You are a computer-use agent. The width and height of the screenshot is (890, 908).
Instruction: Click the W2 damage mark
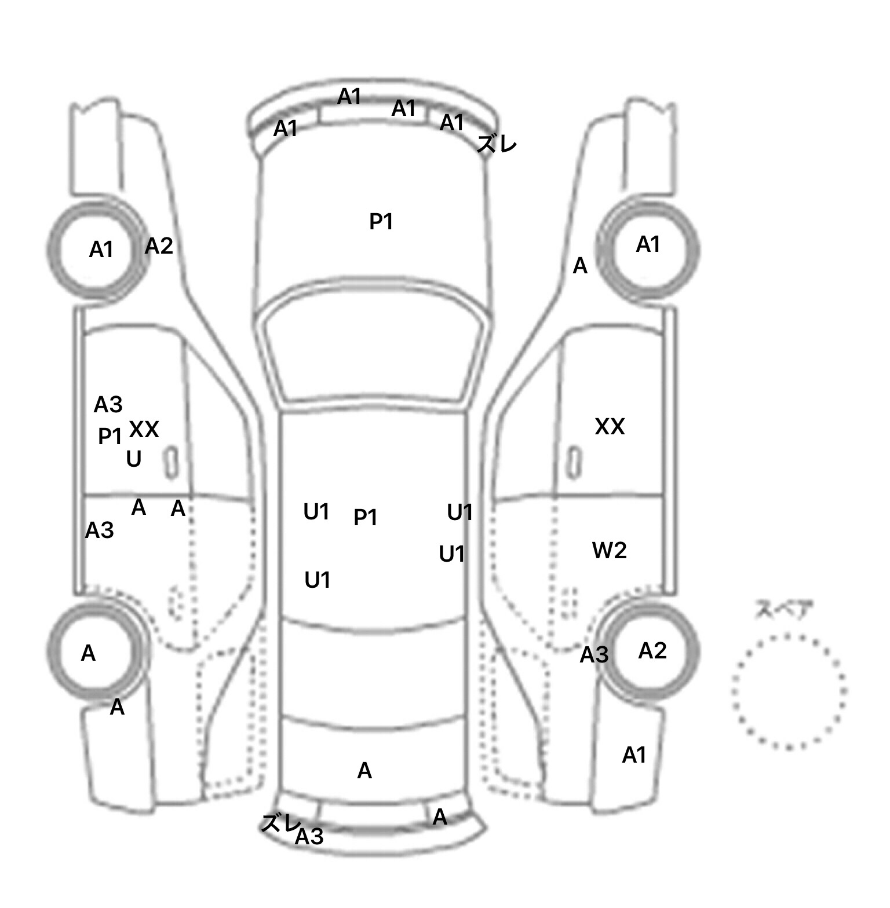tap(609, 550)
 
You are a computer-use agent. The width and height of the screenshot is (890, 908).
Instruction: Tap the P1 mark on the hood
tap(381, 221)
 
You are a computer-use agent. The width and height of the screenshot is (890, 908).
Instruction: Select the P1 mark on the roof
tap(365, 517)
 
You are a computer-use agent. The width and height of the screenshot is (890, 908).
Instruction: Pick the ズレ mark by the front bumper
tap(497, 143)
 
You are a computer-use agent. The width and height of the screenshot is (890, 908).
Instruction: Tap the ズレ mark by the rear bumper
tap(280, 823)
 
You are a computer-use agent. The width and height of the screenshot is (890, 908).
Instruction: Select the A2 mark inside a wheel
tap(652, 651)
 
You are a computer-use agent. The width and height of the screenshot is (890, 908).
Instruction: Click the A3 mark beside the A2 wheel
tap(594, 655)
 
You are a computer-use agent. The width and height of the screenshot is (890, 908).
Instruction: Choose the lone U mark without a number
tap(134, 459)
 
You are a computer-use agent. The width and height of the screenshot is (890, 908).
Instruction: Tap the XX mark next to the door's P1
tap(144, 430)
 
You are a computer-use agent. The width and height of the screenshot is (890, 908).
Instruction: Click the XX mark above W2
tap(610, 427)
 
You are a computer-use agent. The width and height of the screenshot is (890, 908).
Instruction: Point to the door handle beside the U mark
tap(172, 463)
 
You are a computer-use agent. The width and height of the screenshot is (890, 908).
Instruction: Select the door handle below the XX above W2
tap(574, 463)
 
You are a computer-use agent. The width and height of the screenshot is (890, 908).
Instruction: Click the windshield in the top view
tap(373, 353)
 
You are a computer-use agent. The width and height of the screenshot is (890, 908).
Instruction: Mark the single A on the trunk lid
tap(364, 771)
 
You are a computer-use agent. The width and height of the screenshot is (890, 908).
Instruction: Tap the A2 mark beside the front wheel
tap(159, 246)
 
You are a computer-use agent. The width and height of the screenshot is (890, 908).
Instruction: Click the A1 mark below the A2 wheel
tap(634, 755)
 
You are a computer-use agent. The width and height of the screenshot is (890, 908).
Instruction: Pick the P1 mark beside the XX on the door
tap(110, 436)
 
